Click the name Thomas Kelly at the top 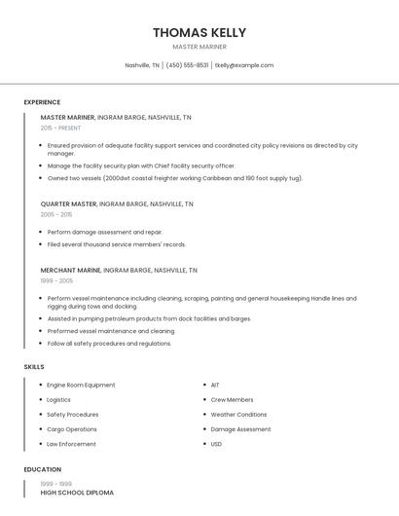click(199, 32)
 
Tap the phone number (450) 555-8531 click(187, 65)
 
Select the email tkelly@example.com click(244, 65)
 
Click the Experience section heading click(42, 102)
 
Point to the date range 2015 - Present click(60, 128)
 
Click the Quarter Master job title click(68, 204)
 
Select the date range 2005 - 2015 click(56, 214)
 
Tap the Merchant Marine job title click(70, 270)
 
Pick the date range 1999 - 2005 click(56, 279)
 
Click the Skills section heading click(34, 366)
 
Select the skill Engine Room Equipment click(81, 385)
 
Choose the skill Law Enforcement click(71, 444)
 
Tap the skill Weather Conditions click(238, 414)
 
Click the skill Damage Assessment click(240, 429)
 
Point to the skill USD click(216, 444)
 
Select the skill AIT click(215, 385)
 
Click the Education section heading click(43, 469)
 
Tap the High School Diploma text click(77, 493)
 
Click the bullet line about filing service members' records click(116, 244)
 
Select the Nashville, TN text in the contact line click(142, 65)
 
